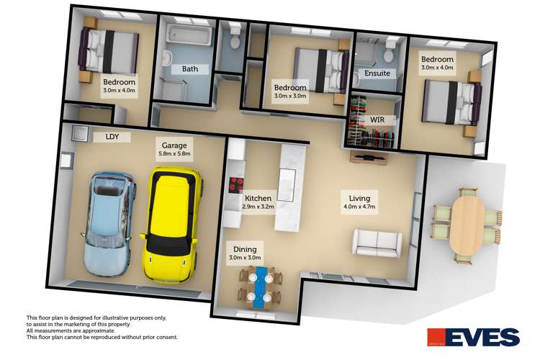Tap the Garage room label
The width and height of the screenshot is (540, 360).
point(174,145)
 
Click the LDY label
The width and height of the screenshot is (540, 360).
point(112,135)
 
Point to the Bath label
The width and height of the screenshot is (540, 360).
point(190,70)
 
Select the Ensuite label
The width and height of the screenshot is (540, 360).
point(377,73)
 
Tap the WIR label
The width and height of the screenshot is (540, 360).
point(378,119)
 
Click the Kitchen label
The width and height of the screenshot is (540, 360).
point(258,198)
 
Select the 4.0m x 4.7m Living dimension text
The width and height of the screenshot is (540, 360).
point(360,207)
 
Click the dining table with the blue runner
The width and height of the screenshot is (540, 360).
point(261,284)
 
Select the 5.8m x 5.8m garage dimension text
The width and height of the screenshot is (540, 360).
point(174,154)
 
